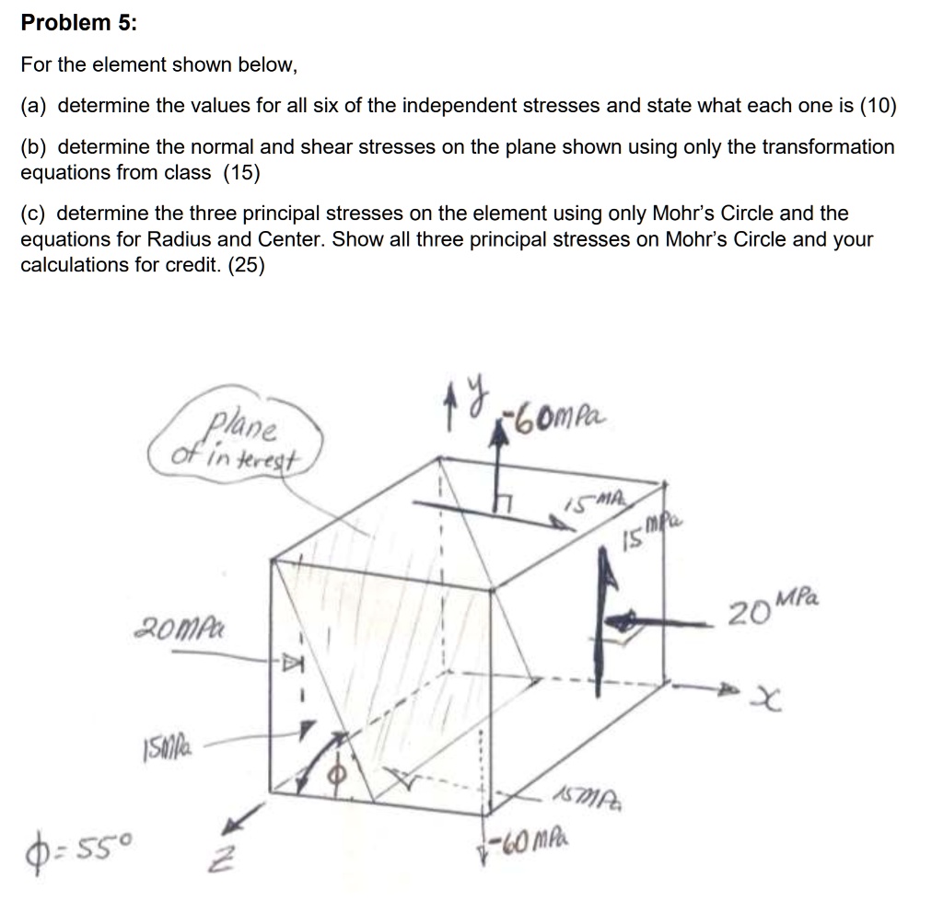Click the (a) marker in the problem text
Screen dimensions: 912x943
(36, 106)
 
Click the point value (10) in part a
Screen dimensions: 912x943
(878, 106)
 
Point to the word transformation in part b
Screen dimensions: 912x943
(832, 146)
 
